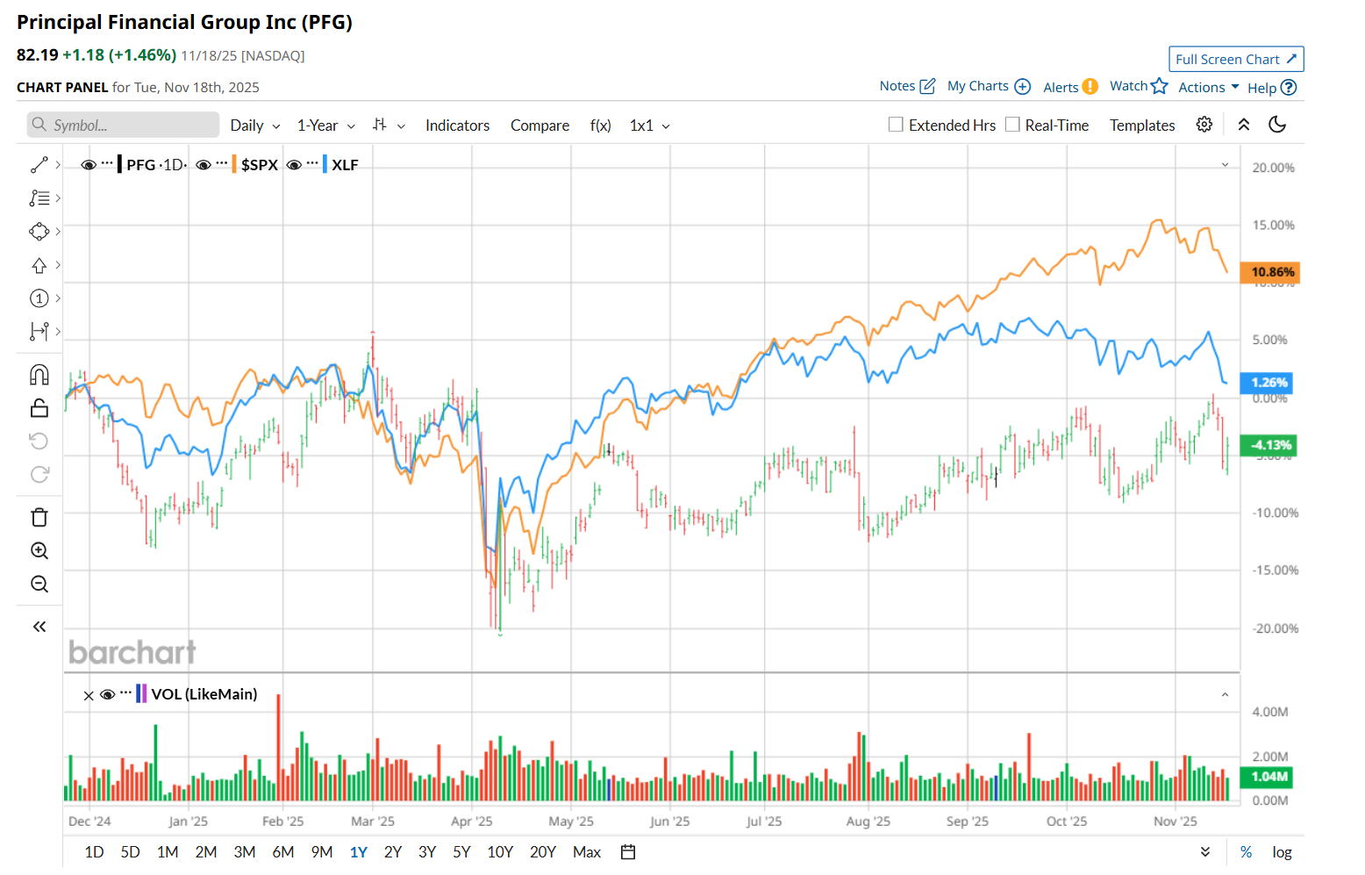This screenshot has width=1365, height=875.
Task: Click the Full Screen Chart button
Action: pos(1235,59)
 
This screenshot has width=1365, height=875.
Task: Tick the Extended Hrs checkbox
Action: pos(896,125)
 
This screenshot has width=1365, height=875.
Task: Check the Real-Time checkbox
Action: pos(1012,125)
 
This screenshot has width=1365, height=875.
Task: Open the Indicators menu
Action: pos(457,126)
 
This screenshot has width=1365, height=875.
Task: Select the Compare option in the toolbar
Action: pos(540,126)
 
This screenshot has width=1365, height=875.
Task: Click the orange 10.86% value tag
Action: pos(1269,272)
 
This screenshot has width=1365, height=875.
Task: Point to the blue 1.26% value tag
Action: pos(1267,383)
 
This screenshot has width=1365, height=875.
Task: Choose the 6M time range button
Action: pos(282,852)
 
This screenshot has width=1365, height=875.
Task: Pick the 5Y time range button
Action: pos(461,852)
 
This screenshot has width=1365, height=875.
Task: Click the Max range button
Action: pos(586,852)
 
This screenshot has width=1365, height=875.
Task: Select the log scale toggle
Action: pos(1282,852)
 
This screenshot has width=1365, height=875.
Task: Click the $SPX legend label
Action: pos(260,165)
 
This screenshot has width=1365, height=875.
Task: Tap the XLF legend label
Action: pos(345,165)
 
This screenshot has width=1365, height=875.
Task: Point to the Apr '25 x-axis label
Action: pos(471,821)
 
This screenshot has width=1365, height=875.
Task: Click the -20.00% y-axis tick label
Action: pos(1275,628)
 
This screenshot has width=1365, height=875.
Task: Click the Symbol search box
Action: pos(123,125)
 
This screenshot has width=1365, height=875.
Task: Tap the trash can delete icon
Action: pos(39,518)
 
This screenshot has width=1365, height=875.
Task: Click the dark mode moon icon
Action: pos(1277,125)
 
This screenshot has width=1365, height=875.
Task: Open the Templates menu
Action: pos(1141,126)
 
